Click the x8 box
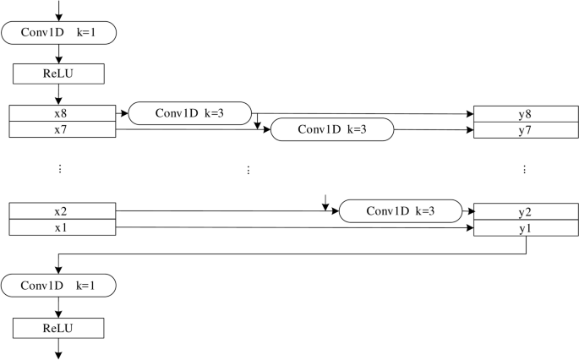(60, 113)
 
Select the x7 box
(60, 128)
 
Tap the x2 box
(60, 210)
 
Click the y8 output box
(525, 114)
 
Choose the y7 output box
(525, 129)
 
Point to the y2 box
(525, 211)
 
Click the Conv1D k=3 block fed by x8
(190, 112)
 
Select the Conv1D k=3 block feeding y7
(332, 129)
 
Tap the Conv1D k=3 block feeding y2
(400, 210)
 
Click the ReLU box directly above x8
(58, 74)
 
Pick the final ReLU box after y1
(58, 327)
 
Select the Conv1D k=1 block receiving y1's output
(58, 286)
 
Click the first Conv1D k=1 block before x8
(58, 33)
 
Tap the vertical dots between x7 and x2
(60, 170)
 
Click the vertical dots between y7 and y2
(525, 170)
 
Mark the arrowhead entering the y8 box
(470, 114)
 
